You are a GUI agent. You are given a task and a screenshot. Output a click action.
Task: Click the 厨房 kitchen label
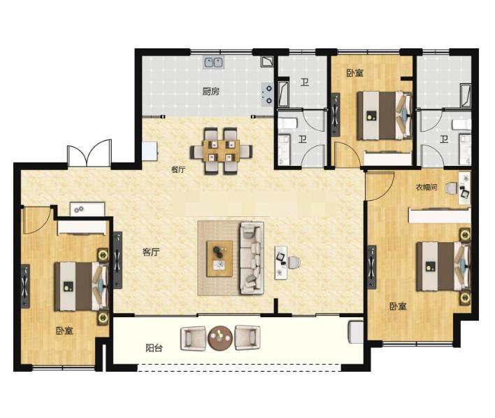click(211, 92)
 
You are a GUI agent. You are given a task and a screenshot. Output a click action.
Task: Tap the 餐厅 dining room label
click(178, 169)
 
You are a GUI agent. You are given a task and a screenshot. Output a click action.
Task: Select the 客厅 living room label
click(151, 252)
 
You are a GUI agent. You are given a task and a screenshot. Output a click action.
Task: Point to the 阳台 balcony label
click(154, 348)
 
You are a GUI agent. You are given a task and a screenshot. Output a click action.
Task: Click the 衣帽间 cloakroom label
click(426, 187)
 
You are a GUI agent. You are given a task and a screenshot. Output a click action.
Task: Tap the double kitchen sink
click(214, 62)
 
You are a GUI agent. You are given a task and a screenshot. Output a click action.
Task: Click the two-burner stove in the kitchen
click(267, 95)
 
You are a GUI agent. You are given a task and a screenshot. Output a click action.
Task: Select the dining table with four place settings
click(221, 151)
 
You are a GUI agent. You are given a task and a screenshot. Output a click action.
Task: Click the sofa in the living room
click(252, 258)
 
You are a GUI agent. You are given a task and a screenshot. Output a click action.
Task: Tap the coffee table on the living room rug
click(220, 258)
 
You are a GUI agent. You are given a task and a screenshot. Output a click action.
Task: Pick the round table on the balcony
click(220, 338)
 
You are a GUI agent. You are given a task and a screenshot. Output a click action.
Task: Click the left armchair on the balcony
click(193, 338)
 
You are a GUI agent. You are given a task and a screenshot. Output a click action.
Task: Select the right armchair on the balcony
click(247, 337)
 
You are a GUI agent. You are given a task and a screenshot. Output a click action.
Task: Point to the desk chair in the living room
click(294, 263)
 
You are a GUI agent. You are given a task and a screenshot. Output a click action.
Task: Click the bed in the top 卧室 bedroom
click(385, 116)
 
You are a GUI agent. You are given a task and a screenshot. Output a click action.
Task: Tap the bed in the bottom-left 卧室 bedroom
click(81, 286)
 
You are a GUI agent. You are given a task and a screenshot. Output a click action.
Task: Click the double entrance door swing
click(89, 153)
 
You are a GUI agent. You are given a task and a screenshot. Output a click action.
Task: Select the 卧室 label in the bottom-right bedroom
click(398, 306)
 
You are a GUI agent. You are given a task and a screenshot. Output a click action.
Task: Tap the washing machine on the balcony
click(356, 332)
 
